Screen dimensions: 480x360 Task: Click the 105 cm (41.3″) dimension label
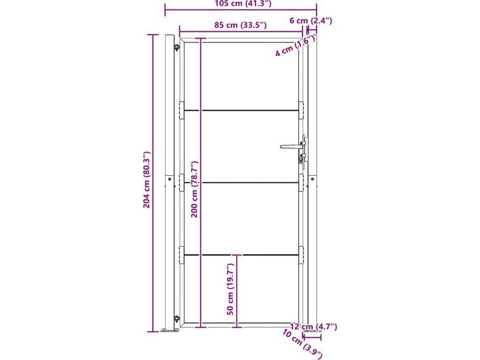pos(243,3)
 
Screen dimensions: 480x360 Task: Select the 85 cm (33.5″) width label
pos(240,25)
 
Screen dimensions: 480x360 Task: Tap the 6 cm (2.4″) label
pos(311,21)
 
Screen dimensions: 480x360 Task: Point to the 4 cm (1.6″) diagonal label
pos(295,45)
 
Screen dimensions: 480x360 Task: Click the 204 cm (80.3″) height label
pos(147,180)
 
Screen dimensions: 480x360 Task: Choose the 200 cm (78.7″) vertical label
pos(195,189)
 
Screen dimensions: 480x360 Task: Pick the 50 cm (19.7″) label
pos(231,289)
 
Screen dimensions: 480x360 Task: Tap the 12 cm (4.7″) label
pos(314,327)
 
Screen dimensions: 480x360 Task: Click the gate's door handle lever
pos(291,146)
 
